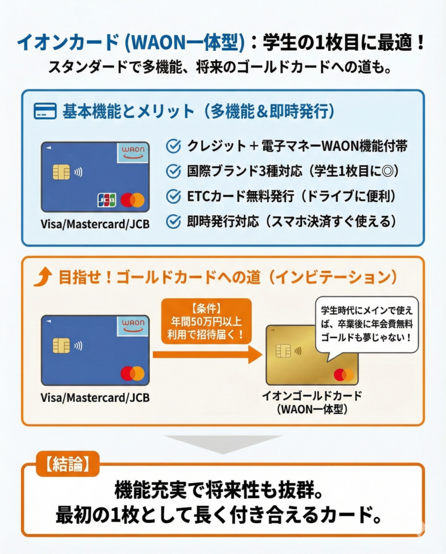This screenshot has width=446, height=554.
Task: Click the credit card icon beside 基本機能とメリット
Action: point(45,110)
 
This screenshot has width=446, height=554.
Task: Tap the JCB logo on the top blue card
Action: point(106,200)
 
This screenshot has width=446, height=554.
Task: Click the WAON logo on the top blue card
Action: point(133,152)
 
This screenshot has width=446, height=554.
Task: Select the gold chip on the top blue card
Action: point(61,172)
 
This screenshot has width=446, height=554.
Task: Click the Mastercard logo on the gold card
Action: point(344,375)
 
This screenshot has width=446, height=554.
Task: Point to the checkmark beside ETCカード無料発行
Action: point(174,196)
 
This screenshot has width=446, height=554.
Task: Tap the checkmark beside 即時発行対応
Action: point(174,221)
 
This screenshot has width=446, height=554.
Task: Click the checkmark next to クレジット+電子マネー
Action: point(174,146)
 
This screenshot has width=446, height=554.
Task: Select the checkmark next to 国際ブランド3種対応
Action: point(174,172)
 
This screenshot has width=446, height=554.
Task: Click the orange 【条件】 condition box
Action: point(207,321)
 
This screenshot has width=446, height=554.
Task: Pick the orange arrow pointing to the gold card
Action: point(208,354)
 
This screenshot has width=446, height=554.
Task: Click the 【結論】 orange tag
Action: point(68,464)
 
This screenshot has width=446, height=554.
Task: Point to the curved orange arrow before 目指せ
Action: point(43,276)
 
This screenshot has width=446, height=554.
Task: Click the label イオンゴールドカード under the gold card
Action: point(312,395)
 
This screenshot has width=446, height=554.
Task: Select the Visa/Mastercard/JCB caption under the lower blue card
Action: point(95,398)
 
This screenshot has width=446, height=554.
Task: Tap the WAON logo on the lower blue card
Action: point(133,326)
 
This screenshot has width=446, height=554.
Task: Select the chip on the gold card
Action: point(283,351)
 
